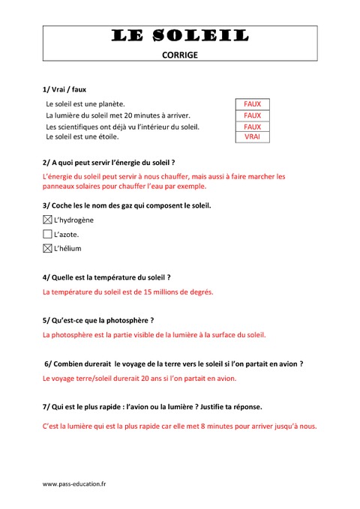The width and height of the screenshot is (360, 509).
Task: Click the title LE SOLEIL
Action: coord(180,35)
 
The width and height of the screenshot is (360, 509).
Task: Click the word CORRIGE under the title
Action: coord(180,54)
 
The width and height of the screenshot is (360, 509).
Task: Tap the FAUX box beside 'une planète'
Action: coord(253,104)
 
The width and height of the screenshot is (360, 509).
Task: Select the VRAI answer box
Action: coord(253,137)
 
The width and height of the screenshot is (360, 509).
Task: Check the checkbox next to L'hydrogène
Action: coord(48,220)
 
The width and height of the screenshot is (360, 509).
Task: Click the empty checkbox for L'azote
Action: coord(48,234)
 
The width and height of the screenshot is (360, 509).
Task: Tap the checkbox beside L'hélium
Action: coord(48,248)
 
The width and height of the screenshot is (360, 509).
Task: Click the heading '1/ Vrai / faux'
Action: coord(64,88)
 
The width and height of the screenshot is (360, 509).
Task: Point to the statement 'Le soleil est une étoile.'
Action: coord(82,137)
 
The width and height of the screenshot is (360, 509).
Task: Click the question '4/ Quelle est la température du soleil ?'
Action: coord(107,277)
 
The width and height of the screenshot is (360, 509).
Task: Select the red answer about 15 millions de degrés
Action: coord(128,292)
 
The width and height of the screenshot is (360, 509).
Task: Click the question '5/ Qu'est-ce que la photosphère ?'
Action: coord(98,320)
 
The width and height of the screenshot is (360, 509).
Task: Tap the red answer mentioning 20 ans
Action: coord(139,379)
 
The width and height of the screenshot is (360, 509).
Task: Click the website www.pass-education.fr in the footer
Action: coord(74,484)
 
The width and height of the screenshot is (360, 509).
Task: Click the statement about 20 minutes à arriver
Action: coord(118,115)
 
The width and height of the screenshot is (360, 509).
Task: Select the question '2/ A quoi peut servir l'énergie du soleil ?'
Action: coord(109,162)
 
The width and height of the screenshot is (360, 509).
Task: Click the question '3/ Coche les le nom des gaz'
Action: coord(127,205)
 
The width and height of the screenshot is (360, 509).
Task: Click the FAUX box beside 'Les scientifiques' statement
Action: coord(253,127)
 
